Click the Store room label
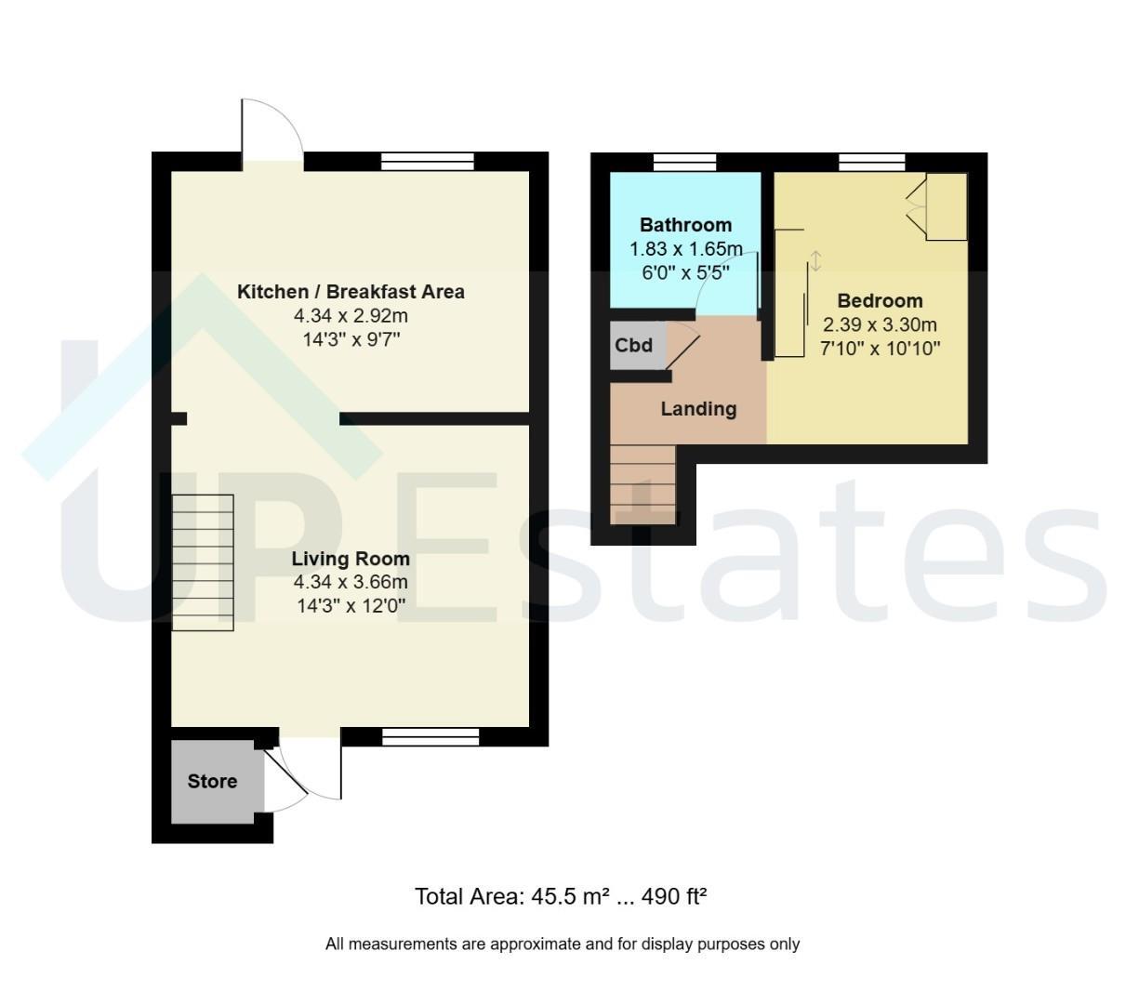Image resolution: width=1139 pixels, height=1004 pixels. point(212,781)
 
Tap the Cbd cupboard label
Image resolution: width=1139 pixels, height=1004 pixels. point(633,345)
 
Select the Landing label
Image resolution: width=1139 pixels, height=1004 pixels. point(698,409)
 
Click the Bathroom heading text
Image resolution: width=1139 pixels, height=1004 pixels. point(685,225)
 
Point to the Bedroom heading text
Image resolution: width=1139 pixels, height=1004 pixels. point(880,301)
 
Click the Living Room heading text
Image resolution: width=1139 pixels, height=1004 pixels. point(351,559)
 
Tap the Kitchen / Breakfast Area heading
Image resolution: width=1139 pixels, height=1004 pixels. point(351,292)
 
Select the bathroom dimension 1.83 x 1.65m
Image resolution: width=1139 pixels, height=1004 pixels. point(685,248)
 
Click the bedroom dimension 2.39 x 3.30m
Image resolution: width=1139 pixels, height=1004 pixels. point(880,324)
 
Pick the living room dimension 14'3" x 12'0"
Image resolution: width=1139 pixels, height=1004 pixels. point(351,606)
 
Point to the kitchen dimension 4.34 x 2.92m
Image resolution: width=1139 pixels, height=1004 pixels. point(351,315)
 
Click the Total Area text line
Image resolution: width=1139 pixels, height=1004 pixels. point(561,896)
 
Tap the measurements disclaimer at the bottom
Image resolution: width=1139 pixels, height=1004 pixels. point(563,944)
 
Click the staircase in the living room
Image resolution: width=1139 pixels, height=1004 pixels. point(203,562)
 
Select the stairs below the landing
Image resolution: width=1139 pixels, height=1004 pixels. point(642,484)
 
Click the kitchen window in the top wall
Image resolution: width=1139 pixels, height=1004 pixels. point(428,162)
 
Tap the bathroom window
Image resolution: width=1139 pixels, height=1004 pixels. point(684,163)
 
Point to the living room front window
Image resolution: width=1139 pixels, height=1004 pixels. point(430,737)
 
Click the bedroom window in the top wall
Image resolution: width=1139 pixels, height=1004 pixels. point(872,163)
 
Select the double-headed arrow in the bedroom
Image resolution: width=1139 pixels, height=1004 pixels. point(815,261)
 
